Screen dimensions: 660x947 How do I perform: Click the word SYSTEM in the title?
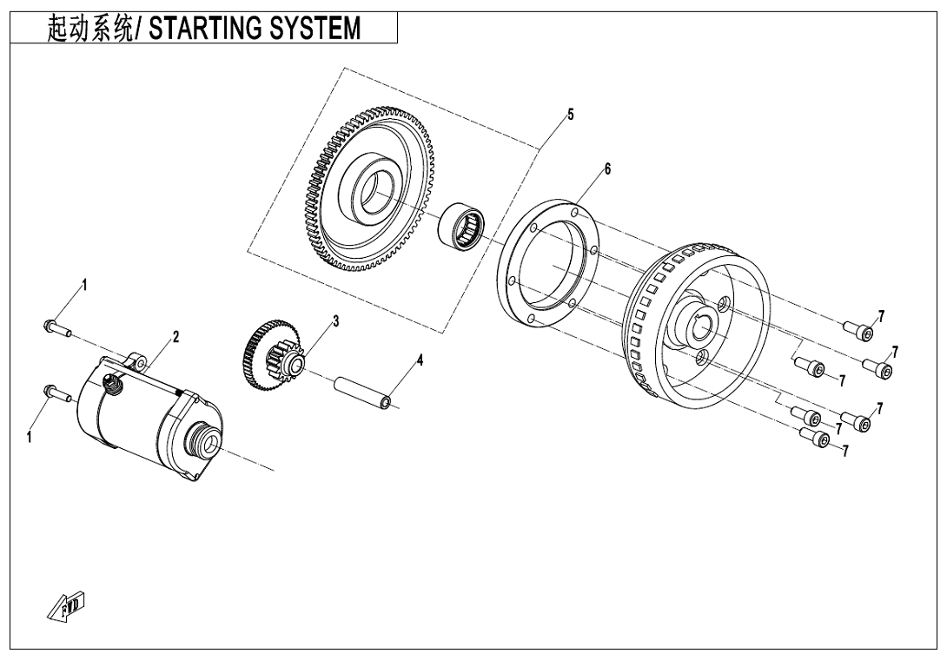315,29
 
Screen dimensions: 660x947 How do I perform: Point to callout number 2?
175,337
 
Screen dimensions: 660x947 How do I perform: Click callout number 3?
335,320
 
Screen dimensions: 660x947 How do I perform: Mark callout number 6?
607,168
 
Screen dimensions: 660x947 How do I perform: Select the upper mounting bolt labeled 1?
53,327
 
